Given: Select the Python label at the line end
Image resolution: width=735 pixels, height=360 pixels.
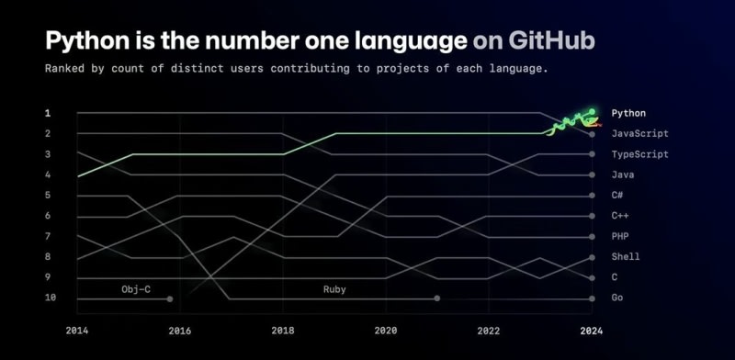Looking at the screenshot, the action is [628, 113].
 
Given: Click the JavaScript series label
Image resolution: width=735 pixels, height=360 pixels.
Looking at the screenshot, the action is [639, 133].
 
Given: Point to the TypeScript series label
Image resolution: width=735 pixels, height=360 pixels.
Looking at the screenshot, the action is [639, 154].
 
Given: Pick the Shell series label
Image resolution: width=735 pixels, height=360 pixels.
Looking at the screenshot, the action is [626, 257].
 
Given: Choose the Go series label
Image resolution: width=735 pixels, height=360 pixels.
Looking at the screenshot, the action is [617, 298].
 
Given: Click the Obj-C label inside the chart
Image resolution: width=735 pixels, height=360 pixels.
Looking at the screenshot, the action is [136, 289].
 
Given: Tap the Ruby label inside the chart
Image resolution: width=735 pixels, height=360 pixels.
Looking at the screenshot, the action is [334, 289].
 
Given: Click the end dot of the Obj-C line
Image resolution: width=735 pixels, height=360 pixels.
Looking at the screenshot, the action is [170, 298].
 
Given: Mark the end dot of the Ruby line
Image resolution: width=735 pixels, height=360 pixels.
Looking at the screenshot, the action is [437, 298].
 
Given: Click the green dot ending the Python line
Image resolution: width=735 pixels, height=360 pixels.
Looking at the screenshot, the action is [592, 111].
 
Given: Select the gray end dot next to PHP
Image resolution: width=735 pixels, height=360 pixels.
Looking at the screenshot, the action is [592, 237].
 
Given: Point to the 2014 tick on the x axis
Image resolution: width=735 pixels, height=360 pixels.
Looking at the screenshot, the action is [77, 331].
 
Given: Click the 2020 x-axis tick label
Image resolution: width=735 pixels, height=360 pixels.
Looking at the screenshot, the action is [386, 331].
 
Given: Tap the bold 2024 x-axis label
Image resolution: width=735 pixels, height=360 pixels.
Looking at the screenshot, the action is [592, 331].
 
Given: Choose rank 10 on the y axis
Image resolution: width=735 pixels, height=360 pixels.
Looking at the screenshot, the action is [51, 298].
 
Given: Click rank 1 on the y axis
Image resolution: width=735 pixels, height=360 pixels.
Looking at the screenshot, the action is [48, 113].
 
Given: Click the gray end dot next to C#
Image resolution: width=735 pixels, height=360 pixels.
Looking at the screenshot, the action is [592, 196].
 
